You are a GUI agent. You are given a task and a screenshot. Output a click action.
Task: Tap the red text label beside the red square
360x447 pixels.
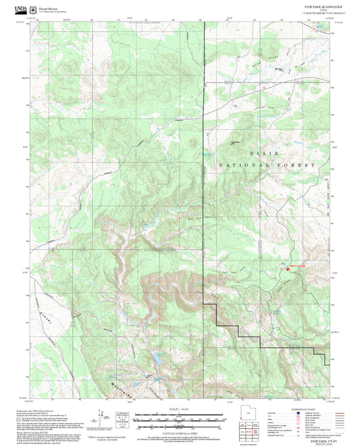click(298, 264)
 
